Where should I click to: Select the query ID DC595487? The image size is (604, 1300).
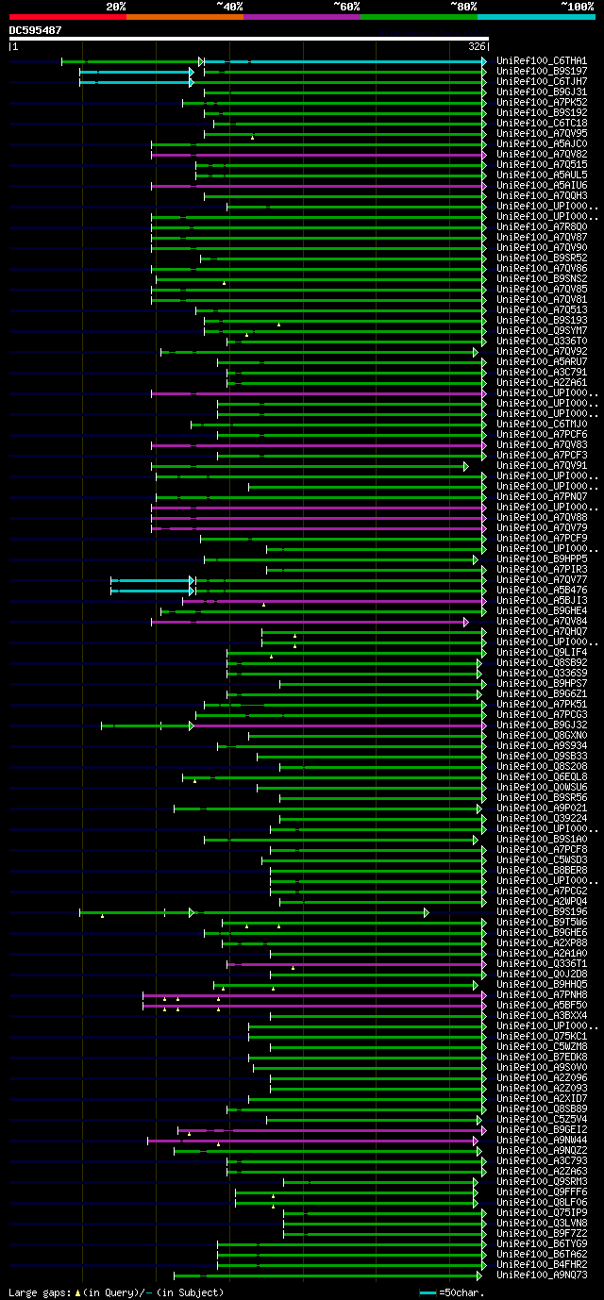(36, 30)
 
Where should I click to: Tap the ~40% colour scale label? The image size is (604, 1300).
(229, 7)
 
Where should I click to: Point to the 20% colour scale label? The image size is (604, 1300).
(115, 7)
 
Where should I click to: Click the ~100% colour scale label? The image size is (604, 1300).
(577, 7)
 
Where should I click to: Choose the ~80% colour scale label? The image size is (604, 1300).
(463, 7)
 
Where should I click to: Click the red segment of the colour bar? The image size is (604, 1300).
(67, 17)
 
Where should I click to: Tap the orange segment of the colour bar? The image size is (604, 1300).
(184, 17)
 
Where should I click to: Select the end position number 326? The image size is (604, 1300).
(477, 46)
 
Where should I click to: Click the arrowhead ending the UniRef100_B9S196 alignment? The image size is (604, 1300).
(427, 912)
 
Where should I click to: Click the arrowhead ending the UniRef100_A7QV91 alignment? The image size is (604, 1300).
(466, 466)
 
